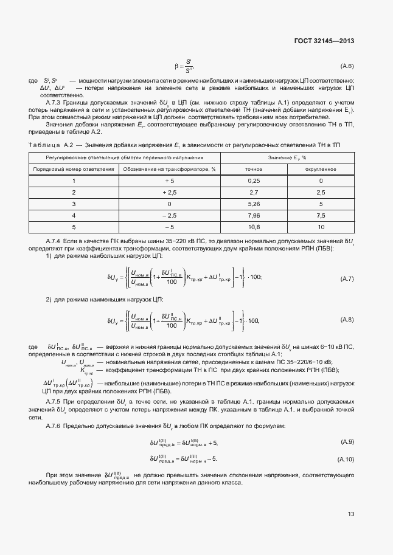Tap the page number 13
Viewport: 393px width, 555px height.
(x=350, y=514)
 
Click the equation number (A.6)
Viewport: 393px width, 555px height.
(x=347, y=66)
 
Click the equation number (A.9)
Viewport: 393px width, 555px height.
(x=346, y=441)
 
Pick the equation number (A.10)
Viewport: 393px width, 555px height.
(x=345, y=458)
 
